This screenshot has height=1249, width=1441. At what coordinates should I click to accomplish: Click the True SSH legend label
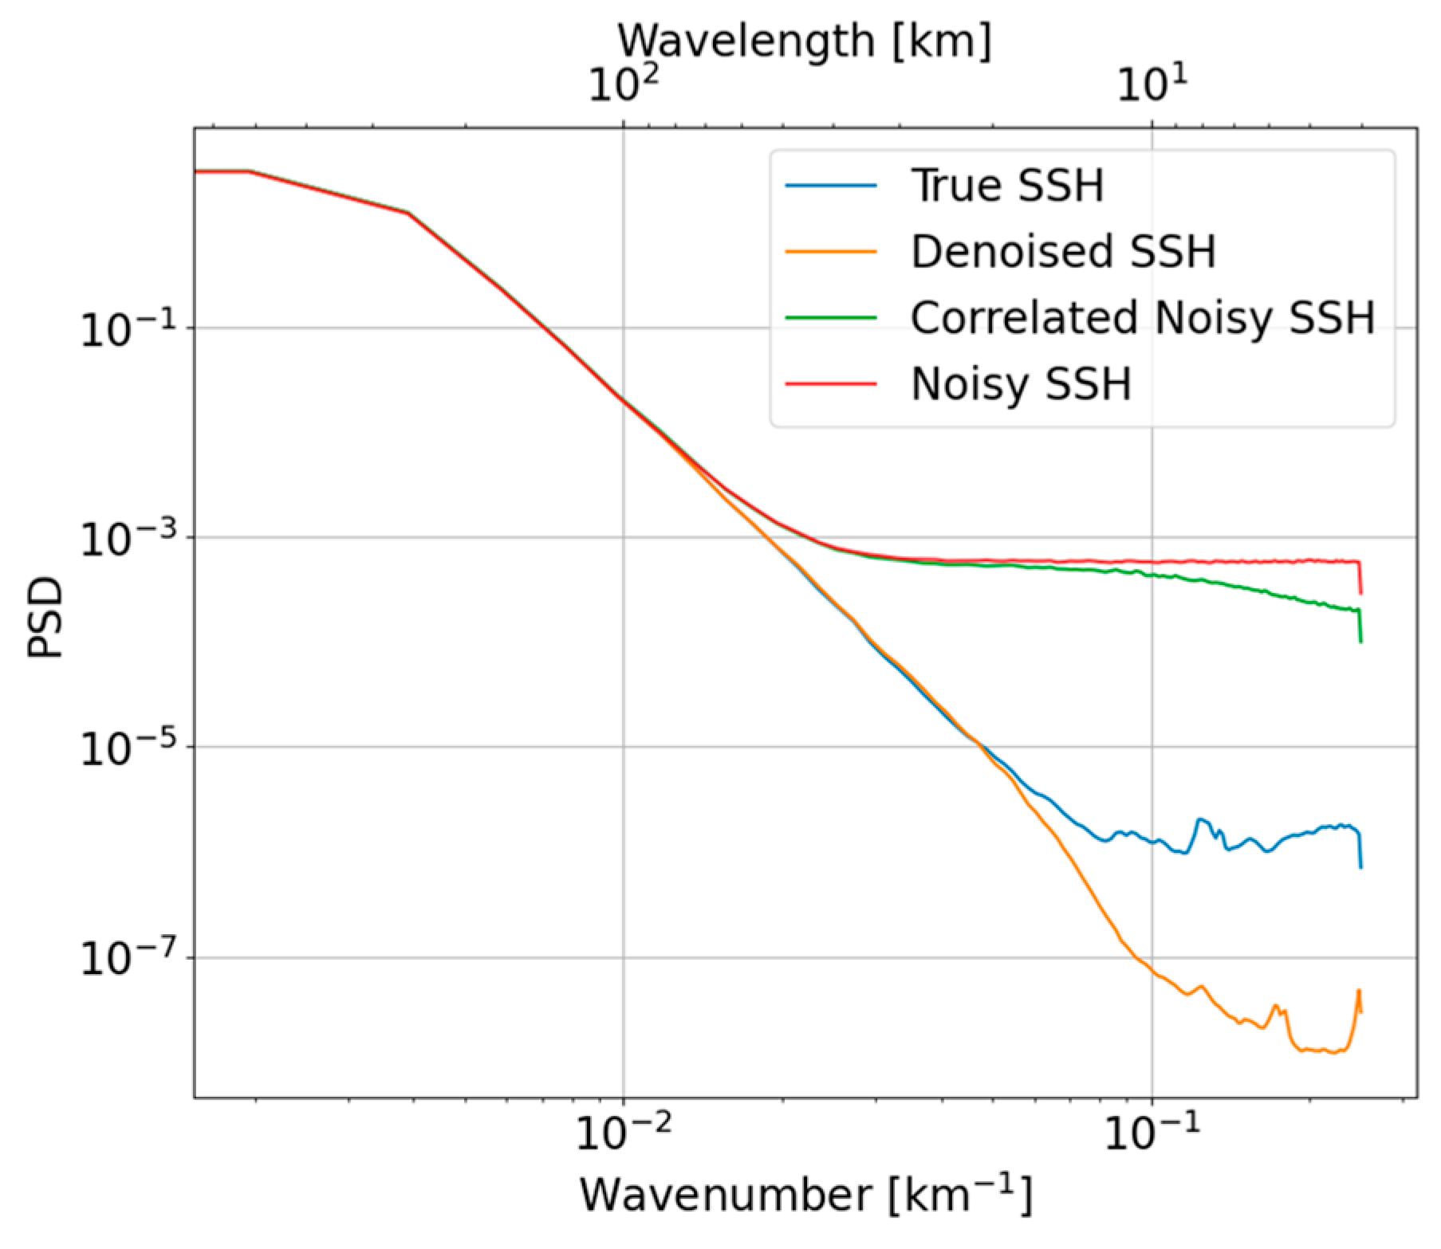1006,185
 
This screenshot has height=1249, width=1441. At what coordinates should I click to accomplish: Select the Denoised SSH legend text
1062,251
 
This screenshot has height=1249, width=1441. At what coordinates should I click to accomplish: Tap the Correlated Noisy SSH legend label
1142,317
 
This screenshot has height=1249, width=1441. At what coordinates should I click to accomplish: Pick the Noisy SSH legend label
1021,384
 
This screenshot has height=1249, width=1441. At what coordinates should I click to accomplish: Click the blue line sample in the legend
830,186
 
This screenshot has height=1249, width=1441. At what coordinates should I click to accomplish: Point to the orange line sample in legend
830,252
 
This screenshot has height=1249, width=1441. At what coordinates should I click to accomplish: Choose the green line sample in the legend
830,317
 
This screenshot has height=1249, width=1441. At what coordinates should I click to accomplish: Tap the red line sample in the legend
830,383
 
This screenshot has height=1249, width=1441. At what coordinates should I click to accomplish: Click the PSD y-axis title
44,618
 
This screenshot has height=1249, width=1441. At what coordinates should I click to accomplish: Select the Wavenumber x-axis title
805,1196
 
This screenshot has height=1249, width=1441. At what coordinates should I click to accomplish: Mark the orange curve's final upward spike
1358,993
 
